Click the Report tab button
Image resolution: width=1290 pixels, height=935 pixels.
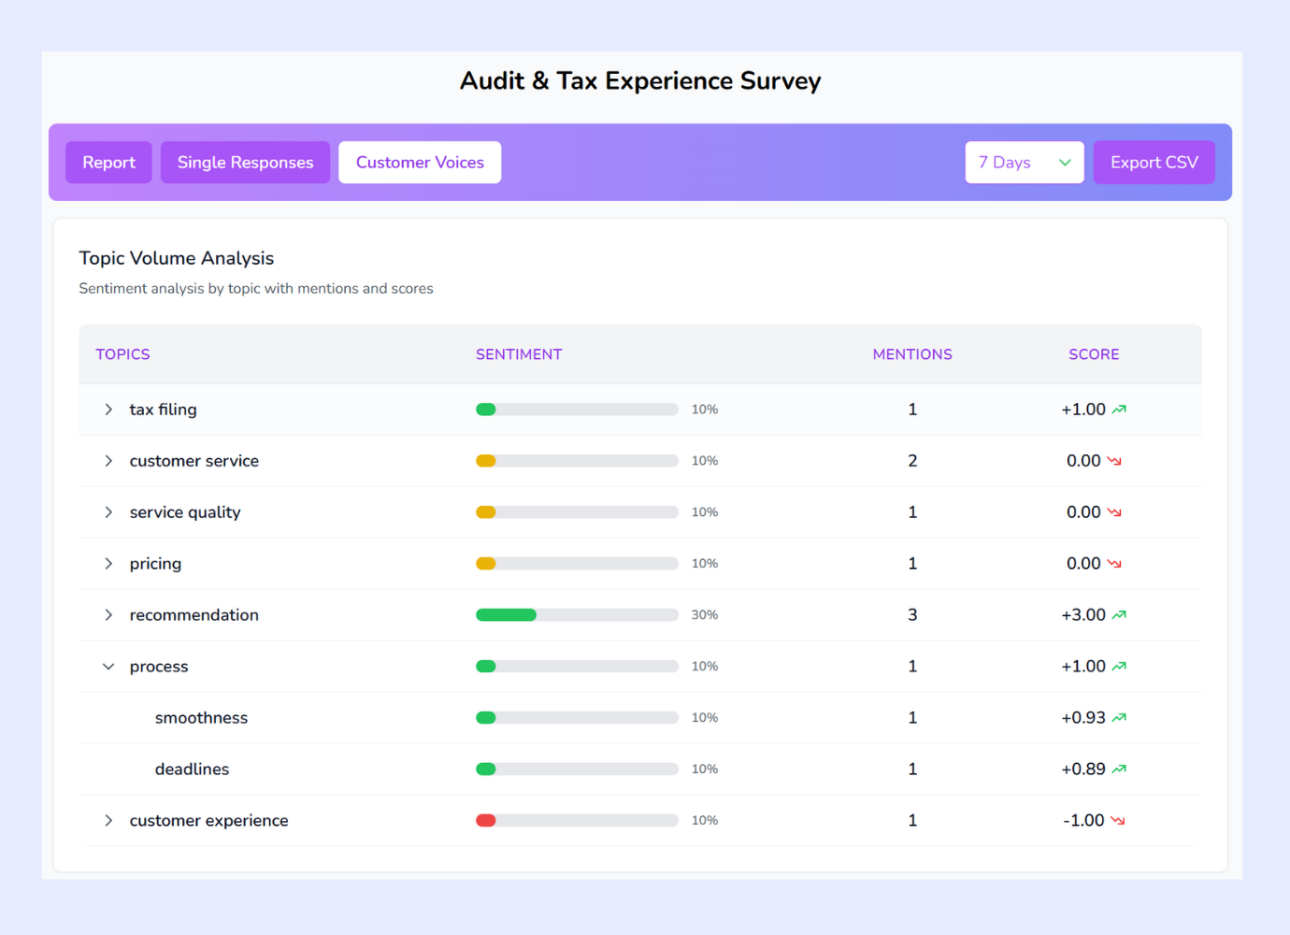point(108,163)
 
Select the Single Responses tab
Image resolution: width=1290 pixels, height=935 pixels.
point(245,163)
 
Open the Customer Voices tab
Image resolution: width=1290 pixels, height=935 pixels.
point(420,163)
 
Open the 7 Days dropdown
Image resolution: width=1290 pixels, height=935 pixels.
point(1024,163)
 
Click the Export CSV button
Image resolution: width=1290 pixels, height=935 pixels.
point(1154,163)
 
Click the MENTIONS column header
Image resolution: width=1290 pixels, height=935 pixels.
point(911,354)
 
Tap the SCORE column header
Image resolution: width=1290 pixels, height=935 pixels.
point(1093,354)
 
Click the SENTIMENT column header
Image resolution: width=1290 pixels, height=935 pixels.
point(519,354)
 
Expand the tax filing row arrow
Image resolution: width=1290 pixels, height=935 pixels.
point(108,410)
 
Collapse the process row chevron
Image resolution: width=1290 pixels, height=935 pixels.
point(108,667)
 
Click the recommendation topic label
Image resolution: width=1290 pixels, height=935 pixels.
point(193,615)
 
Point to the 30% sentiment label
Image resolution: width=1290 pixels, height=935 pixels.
point(704,615)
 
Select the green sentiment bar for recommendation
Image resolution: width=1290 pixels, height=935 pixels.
point(506,615)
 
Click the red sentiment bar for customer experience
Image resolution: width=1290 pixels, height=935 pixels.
point(486,821)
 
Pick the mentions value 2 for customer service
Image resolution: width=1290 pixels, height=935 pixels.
point(912,461)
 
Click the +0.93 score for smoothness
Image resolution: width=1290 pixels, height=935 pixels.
point(1082,718)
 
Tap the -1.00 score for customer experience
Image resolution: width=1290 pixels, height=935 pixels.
point(1083,821)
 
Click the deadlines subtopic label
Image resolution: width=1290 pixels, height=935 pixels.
point(192,770)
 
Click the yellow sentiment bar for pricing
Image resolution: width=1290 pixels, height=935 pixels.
point(486,564)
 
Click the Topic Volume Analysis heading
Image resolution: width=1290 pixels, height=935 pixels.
point(177,258)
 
